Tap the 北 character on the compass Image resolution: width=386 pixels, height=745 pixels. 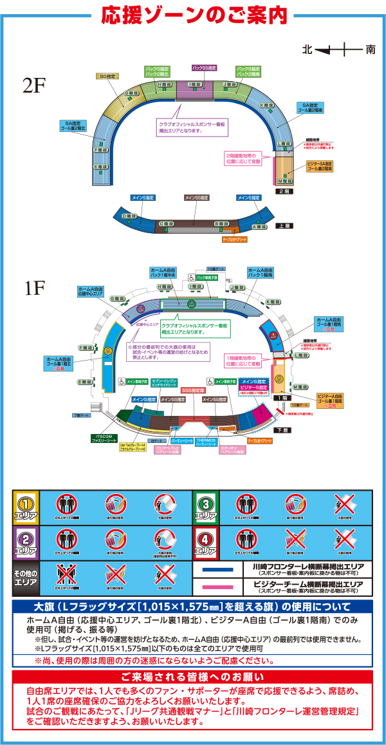(308, 49)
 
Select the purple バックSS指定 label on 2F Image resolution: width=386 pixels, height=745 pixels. (205, 68)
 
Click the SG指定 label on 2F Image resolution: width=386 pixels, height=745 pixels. (107, 76)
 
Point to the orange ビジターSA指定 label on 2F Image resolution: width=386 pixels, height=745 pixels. (319, 166)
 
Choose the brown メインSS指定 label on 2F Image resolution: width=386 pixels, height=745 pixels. (196, 197)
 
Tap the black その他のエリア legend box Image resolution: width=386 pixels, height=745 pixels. (26, 577)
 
